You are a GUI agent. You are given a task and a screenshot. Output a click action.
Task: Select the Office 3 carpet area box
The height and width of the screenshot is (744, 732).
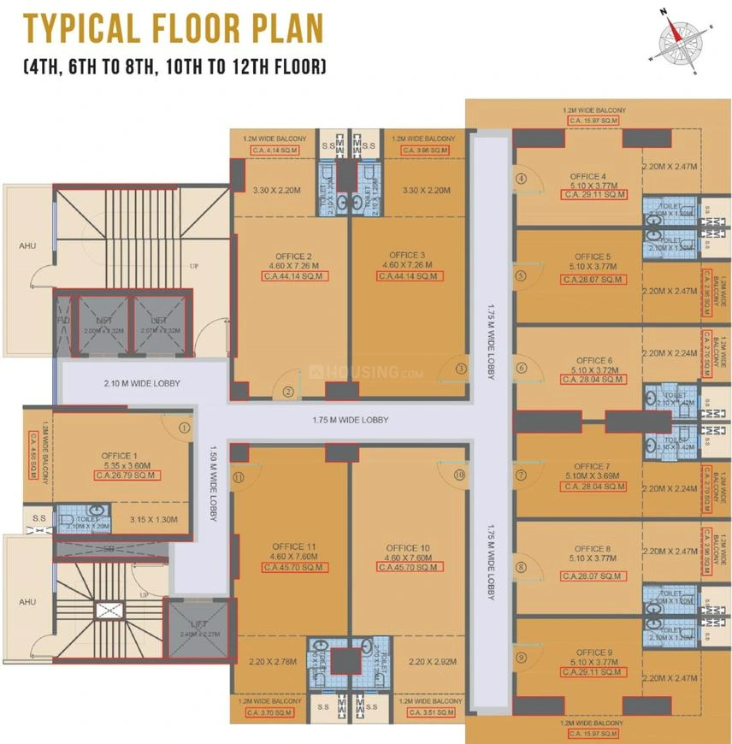point(407,276)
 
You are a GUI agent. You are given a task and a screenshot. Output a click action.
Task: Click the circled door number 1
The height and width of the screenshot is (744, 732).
point(183,427)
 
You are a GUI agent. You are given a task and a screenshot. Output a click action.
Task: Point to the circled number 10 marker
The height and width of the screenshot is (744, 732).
point(459,474)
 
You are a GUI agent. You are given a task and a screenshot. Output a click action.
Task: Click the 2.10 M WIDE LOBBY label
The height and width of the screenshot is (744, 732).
point(141,384)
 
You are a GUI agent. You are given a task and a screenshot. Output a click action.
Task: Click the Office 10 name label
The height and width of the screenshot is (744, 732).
point(406,548)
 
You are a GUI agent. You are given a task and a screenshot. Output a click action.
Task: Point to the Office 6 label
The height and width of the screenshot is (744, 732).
point(594,361)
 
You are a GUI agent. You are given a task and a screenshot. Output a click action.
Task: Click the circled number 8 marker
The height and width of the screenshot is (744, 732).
point(521,567)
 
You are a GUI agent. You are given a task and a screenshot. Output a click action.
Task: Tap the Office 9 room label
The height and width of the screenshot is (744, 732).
point(593,652)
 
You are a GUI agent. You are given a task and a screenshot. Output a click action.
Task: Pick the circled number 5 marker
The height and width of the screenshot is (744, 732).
point(521,276)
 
